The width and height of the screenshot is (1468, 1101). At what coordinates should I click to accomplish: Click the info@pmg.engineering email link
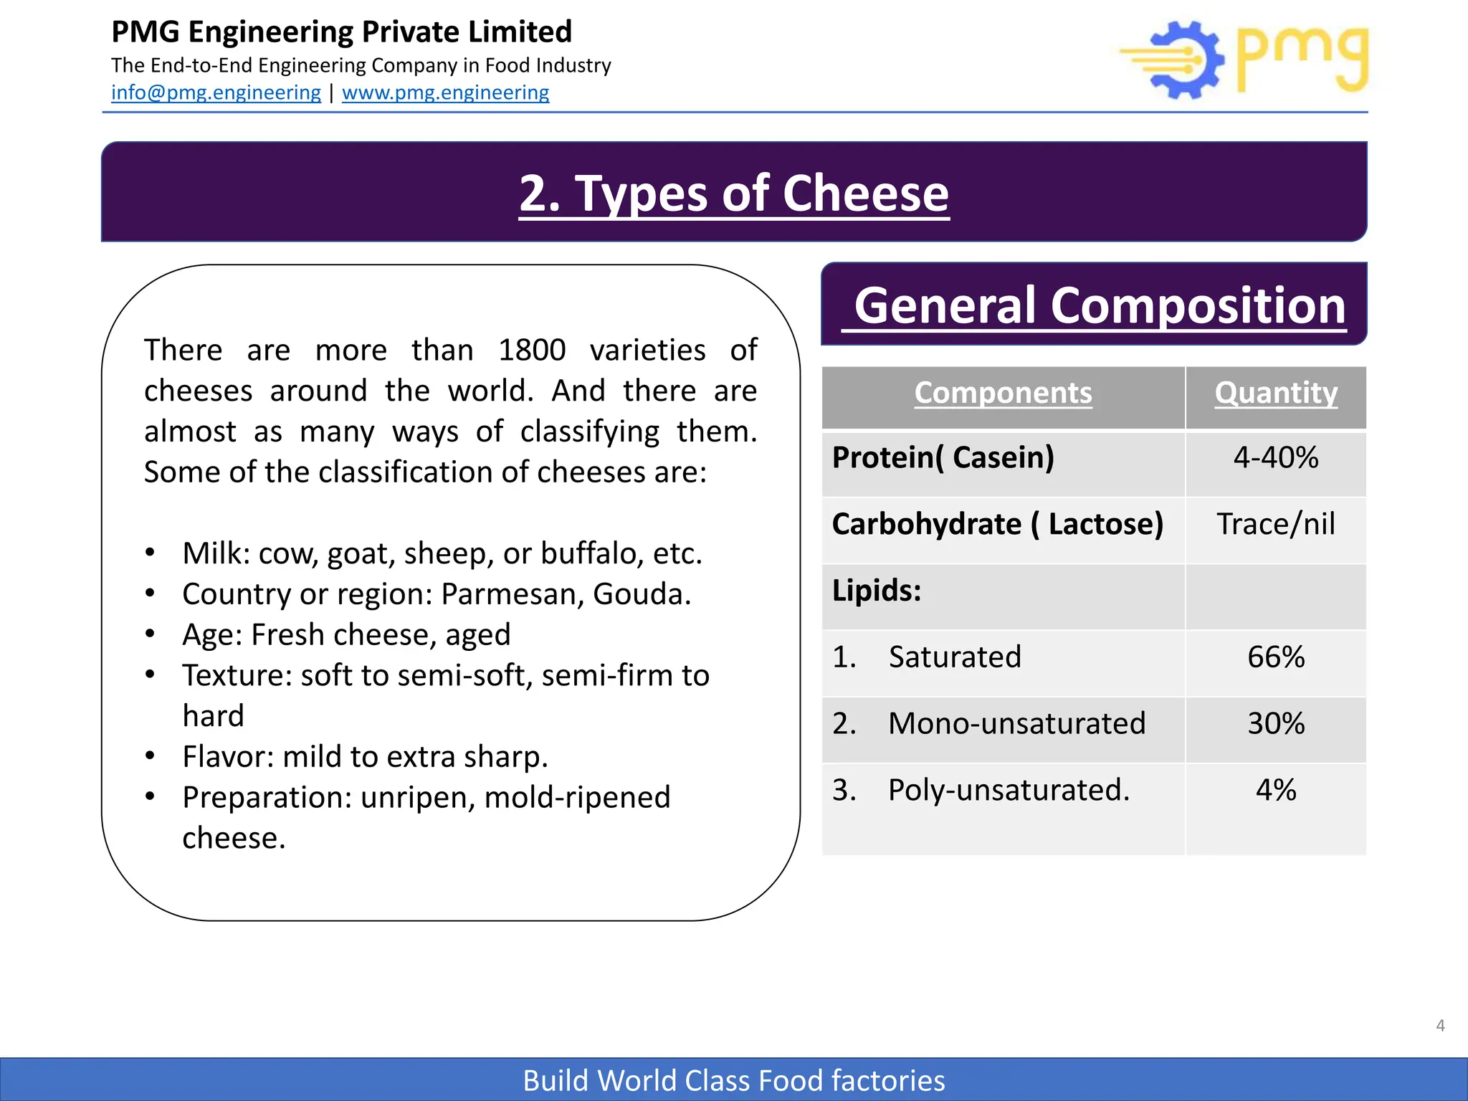pyautogui.click(x=216, y=92)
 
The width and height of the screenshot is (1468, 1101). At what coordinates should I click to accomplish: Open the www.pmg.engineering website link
pyautogui.click(x=445, y=92)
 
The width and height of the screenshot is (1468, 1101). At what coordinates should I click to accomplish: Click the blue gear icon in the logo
pyautogui.click(x=1186, y=60)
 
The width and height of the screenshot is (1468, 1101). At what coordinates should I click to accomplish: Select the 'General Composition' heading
pyautogui.click(x=1100, y=305)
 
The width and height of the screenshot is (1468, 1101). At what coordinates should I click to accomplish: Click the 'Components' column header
pyautogui.click(x=1003, y=393)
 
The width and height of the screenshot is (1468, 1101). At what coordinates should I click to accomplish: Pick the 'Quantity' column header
pyautogui.click(x=1276, y=393)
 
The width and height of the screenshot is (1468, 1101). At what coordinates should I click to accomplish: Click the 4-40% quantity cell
pyautogui.click(x=1276, y=457)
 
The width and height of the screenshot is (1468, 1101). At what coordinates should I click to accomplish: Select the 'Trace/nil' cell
pyautogui.click(x=1276, y=524)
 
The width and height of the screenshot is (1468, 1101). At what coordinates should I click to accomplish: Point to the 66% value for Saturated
pyautogui.click(x=1276, y=657)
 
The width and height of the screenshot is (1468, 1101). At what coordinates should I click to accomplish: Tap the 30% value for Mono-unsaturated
pyautogui.click(x=1276, y=723)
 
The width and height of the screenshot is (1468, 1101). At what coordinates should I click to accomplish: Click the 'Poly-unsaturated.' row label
pyautogui.click(x=1009, y=790)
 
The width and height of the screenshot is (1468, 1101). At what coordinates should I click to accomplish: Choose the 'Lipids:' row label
pyautogui.click(x=877, y=591)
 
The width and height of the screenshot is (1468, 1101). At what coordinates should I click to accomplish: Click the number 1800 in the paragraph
pyautogui.click(x=532, y=351)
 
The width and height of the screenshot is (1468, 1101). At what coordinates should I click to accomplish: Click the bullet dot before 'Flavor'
pyautogui.click(x=150, y=756)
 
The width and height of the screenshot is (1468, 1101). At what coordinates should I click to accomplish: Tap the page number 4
pyautogui.click(x=1440, y=1026)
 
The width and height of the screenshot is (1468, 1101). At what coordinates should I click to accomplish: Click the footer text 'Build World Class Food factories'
pyautogui.click(x=734, y=1080)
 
